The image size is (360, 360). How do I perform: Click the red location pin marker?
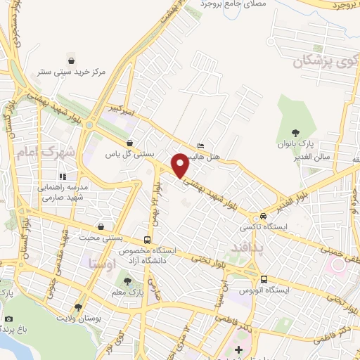181,165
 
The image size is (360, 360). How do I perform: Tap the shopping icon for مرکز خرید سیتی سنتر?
70,58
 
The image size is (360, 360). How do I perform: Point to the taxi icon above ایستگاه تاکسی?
262,216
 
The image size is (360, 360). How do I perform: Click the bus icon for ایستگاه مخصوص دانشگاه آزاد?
146,240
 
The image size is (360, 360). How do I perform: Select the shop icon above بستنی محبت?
103,227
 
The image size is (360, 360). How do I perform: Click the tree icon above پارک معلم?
127,281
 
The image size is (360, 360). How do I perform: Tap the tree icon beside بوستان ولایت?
79,307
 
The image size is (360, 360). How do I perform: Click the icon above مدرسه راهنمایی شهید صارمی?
63,176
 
